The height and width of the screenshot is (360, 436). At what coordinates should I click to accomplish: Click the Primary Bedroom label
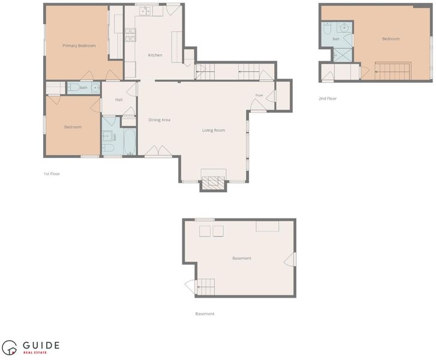tap(79, 46)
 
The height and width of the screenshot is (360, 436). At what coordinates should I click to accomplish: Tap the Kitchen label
tap(155, 55)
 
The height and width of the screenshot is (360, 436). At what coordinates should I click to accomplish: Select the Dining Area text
tap(160, 120)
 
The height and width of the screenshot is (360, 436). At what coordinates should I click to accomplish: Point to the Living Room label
tap(214, 130)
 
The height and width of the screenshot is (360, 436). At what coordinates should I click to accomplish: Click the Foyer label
tap(259, 95)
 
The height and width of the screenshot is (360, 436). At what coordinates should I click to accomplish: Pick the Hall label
tap(119, 100)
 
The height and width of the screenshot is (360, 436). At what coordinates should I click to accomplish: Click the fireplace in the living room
tap(214, 183)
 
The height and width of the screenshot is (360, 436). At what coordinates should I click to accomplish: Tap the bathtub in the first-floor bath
tap(130, 142)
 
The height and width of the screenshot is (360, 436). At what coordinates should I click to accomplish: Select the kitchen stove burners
tap(130, 35)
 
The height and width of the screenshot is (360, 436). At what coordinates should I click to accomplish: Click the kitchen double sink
tap(145, 11)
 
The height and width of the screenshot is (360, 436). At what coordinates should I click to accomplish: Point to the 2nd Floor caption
tap(327, 98)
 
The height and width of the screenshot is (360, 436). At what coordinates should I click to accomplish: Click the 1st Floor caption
tap(52, 173)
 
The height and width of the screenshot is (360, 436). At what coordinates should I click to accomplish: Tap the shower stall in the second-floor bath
tap(342, 55)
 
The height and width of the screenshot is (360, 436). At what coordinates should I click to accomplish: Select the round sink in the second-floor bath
tap(344, 27)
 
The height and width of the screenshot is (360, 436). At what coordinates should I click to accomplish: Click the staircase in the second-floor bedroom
tap(393, 71)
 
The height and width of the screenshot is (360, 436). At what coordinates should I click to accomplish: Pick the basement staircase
tap(206, 287)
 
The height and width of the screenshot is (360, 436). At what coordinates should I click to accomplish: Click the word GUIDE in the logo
tap(41, 346)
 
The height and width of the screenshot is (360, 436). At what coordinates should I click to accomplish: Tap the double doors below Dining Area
tap(158, 151)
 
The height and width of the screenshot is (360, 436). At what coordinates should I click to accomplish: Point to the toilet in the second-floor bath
tap(327, 28)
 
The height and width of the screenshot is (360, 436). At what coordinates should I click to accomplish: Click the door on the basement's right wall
tap(290, 259)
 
